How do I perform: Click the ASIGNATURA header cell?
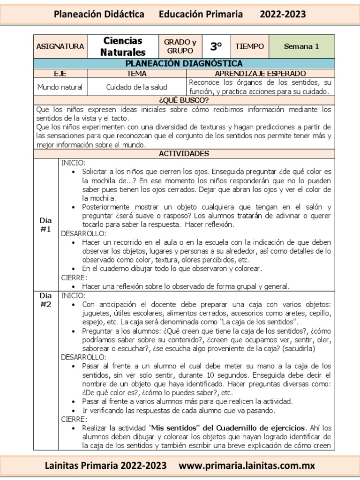click(x=60, y=46)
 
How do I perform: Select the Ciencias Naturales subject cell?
click(x=123, y=46)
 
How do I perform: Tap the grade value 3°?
click(x=216, y=46)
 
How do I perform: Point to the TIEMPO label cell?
click(x=249, y=46)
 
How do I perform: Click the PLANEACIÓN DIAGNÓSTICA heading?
click(x=184, y=63)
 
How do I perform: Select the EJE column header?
click(x=60, y=74)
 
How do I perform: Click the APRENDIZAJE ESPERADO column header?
click(x=260, y=74)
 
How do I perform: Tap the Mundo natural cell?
click(x=60, y=87)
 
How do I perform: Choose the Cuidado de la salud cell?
click(x=137, y=87)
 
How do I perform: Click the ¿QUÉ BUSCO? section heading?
click(x=184, y=100)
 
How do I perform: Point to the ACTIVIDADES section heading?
click(x=184, y=154)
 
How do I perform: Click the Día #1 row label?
click(x=45, y=225)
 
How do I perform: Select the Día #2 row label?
click(x=45, y=300)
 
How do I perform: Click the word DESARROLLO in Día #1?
click(x=83, y=233)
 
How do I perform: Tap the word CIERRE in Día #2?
click(x=74, y=419)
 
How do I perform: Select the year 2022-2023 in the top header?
click(x=283, y=15)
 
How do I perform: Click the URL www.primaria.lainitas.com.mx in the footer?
click(x=247, y=465)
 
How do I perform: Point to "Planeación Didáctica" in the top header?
click(x=99, y=15)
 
